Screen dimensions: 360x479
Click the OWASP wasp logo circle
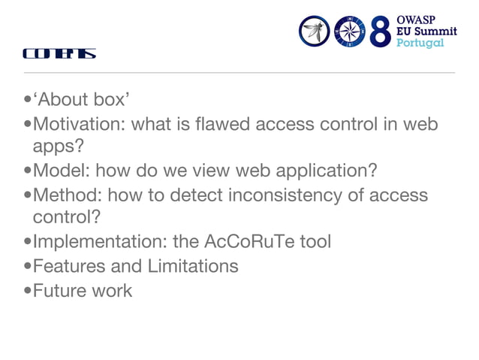(315, 32)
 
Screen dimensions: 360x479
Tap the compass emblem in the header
(350, 32)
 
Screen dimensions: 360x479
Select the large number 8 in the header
(381, 32)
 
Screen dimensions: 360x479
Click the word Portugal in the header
(420, 43)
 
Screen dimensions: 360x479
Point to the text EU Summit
(426, 31)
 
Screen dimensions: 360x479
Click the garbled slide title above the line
(59, 54)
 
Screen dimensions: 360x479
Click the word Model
(60, 170)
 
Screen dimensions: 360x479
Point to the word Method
(66, 195)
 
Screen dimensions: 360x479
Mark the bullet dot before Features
(28, 266)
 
